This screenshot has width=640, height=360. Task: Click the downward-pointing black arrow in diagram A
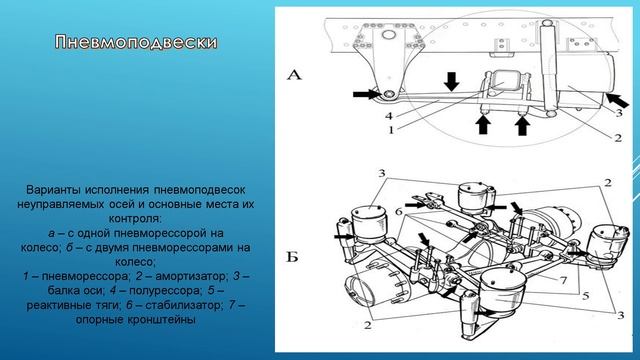point(452,80)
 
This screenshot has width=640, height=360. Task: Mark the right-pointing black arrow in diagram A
point(362,95)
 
